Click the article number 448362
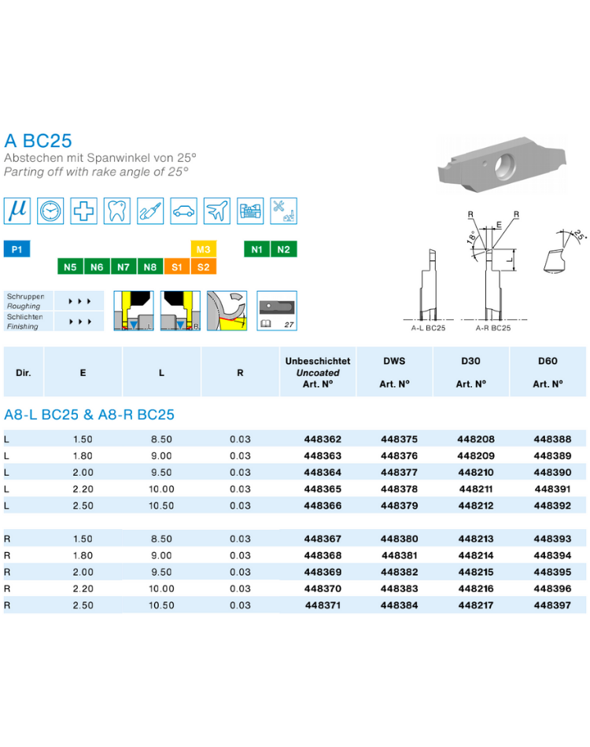coord(323,440)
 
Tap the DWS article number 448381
coord(400,555)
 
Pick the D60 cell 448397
coord(552,605)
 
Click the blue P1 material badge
coord(17,249)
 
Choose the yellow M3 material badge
coord(204,249)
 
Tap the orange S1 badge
coord(177,267)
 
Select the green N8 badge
coord(150,267)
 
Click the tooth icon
coord(116,211)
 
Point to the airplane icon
coord(217,211)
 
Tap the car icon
coord(183,211)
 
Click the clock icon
coord(50,211)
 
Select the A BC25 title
coord(38,141)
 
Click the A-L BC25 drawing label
coord(429,328)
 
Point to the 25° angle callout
coord(579,234)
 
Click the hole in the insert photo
coord(505,166)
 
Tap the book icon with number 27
coord(277,311)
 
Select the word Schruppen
coord(25,296)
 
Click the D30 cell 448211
coord(476,489)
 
